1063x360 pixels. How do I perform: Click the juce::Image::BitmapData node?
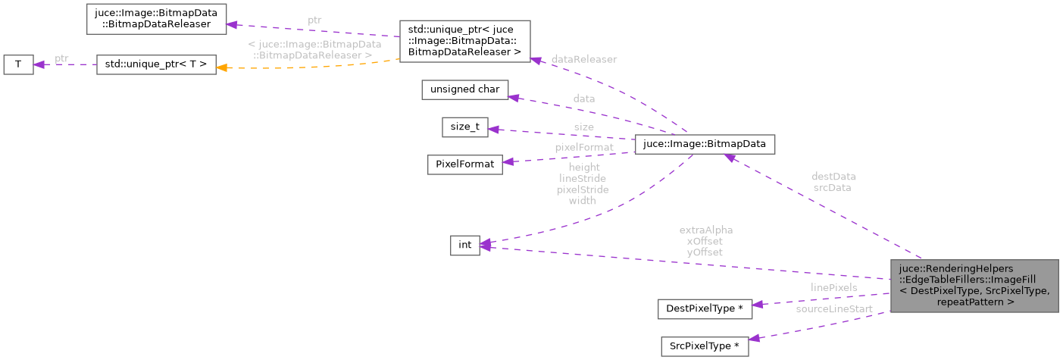[704, 142]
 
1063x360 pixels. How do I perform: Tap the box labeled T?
[18, 64]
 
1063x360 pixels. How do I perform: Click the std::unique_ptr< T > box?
[156, 64]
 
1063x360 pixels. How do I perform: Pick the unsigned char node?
[464, 89]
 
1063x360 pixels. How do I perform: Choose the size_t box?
[464, 127]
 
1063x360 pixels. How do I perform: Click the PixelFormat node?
[464, 164]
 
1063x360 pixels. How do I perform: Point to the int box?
[464, 245]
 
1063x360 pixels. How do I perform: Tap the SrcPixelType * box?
[704, 346]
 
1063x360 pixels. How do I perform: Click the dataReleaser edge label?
[583, 59]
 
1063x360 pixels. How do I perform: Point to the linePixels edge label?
[833, 288]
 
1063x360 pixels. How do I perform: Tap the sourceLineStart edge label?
[833, 309]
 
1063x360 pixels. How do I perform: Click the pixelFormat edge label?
[584, 147]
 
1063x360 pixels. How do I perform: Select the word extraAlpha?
[705, 230]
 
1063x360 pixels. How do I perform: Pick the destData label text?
[833, 176]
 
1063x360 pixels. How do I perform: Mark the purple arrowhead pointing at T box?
[40, 64]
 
